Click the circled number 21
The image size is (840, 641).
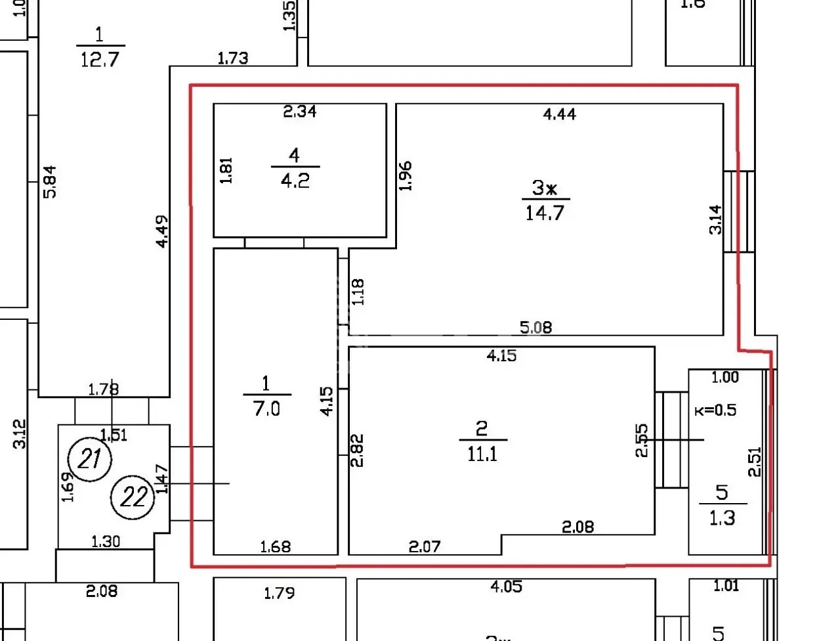click(x=91, y=458)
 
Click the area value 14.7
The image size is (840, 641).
click(x=545, y=213)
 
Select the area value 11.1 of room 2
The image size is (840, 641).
click(x=482, y=454)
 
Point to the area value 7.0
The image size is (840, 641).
click(x=266, y=409)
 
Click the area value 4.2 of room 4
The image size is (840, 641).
click(x=295, y=181)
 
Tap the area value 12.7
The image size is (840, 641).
click(x=100, y=59)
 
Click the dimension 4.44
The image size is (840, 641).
click(x=559, y=114)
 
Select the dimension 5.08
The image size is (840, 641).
click(x=535, y=326)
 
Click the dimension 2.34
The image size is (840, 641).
click(x=299, y=112)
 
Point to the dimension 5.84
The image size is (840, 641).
click(x=50, y=181)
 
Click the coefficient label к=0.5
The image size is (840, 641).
click(x=715, y=410)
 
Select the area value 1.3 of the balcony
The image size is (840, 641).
click(x=722, y=518)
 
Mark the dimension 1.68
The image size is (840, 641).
click(x=275, y=546)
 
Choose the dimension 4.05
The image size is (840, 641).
click(x=506, y=586)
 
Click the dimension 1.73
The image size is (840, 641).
click(x=232, y=58)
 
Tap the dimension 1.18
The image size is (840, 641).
click(x=358, y=292)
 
